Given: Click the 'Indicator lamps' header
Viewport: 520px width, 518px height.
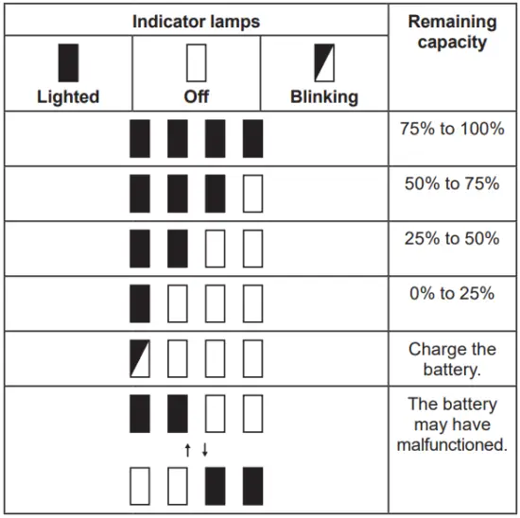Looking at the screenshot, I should [196, 20].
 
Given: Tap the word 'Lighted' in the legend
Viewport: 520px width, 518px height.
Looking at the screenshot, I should [68, 96].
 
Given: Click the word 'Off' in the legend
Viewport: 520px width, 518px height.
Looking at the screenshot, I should [197, 96].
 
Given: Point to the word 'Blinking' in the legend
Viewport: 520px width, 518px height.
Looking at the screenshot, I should [324, 96].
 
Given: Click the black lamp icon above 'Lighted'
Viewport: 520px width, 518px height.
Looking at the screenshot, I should [68, 62].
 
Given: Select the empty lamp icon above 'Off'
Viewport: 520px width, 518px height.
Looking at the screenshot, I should [197, 62].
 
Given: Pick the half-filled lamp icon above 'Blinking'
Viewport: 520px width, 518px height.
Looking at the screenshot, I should [324, 62].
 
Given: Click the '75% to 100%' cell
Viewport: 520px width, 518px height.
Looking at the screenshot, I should [452, 129].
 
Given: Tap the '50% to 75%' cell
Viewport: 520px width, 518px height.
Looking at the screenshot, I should [452, 183].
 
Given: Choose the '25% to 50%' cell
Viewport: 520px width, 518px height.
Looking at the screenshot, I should [452, 238].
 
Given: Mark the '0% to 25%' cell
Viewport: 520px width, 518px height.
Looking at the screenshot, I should [452, 293].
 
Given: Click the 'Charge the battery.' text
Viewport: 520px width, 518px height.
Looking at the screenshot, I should [452, 359].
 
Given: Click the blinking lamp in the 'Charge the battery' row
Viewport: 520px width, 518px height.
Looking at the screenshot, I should [140, 359].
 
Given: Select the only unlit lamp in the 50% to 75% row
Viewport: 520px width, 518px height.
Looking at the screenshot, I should [252, 194].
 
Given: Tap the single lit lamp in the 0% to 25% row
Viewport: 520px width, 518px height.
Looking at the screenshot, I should [140, 304].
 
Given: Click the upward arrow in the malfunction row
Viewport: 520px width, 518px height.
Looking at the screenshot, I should [188, 450].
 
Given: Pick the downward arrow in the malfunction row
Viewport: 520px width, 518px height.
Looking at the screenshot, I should [204, 450].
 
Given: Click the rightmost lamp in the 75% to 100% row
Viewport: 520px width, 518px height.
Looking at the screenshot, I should [252, 139].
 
